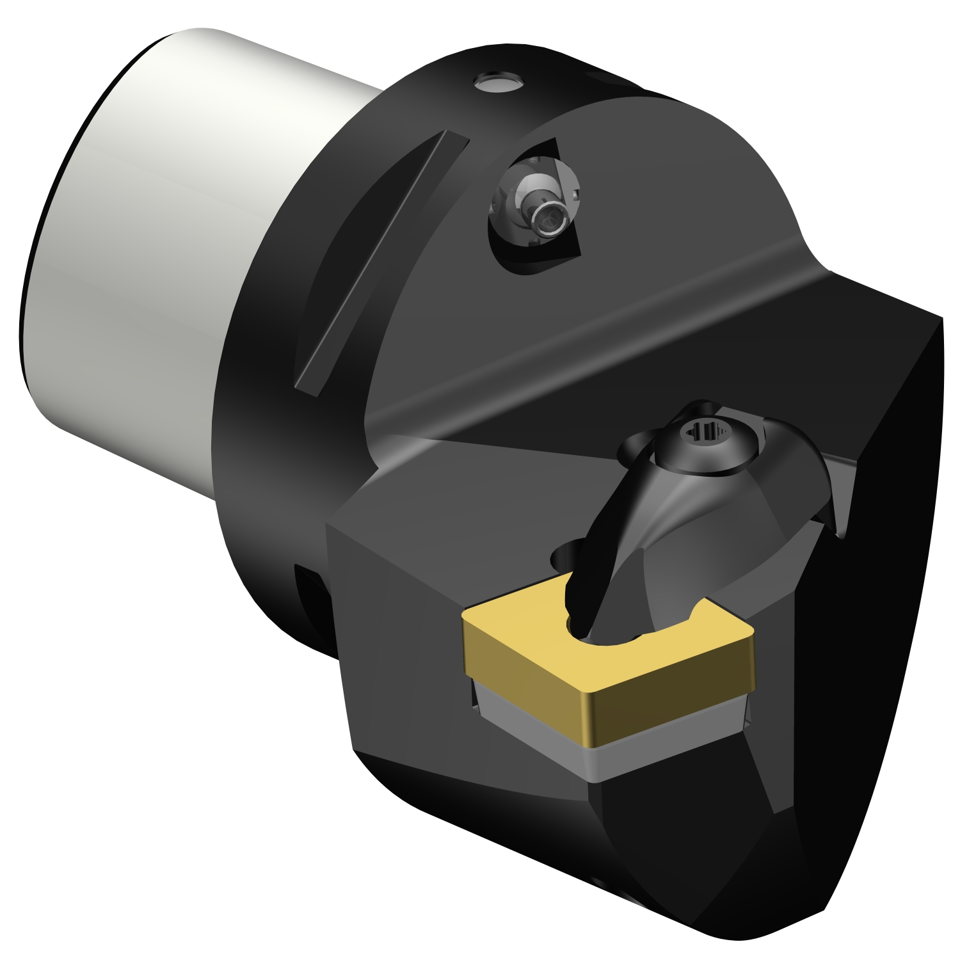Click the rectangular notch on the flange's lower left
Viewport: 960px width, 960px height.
click(314, 608)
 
